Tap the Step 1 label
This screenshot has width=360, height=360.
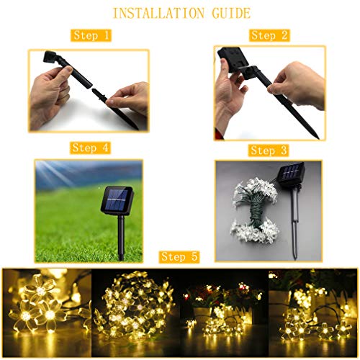[92, 35]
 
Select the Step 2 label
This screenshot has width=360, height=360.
[269, 35]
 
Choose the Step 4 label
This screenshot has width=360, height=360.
[90, 148]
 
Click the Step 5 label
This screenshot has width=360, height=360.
[180, 257]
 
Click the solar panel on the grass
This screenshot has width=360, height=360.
[116, 199]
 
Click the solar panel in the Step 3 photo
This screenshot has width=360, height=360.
[291, 174]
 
